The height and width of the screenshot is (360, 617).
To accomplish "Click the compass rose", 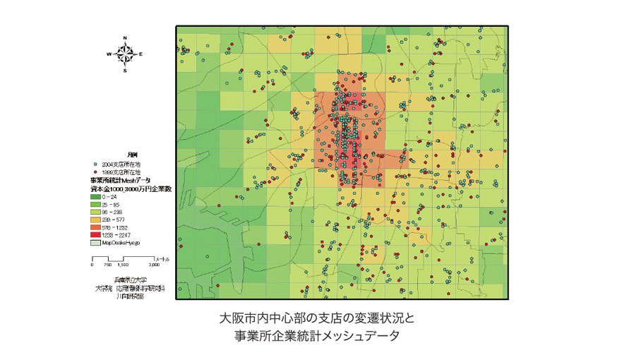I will (124, 53).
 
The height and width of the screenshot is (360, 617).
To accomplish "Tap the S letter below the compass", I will (125, 71).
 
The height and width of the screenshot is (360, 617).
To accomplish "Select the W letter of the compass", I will (109, 54).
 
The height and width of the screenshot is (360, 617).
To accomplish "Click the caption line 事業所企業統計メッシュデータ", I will (308, 336).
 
